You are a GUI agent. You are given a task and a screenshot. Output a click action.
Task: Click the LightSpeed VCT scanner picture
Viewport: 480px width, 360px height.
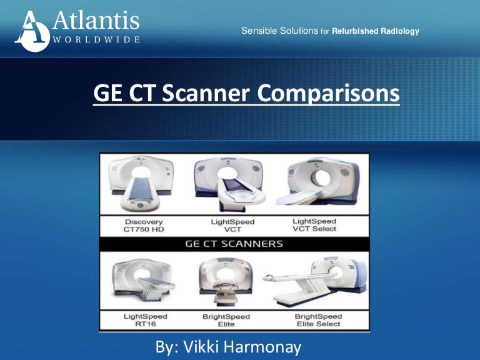[227, 184]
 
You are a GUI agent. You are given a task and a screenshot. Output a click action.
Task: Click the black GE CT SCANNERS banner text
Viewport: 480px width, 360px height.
[234, 244]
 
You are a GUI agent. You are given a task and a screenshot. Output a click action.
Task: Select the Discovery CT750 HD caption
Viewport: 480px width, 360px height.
[143, 225]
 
